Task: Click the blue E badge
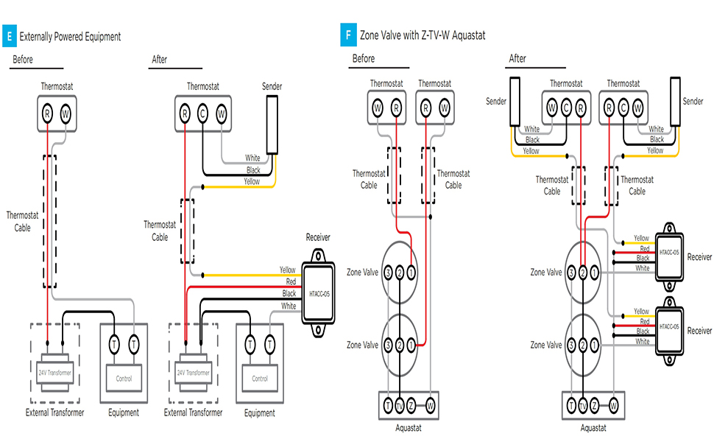point(8,35)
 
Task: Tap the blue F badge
point(347,35)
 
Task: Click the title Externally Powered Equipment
point(70,36)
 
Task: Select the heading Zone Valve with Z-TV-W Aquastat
point(423,35)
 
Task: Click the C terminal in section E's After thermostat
point(202,114)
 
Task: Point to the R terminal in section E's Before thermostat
point(48,114)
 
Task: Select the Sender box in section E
point(272,124)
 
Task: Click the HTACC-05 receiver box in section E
point(318,293)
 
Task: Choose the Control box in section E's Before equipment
point(124,379)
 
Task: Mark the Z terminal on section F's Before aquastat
point(411,404)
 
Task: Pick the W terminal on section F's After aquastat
point(612,405)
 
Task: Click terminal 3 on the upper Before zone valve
point(387,272)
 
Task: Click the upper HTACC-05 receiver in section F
point(670,253)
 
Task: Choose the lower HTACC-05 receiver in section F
point(670,326)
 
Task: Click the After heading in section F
point(517,59)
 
